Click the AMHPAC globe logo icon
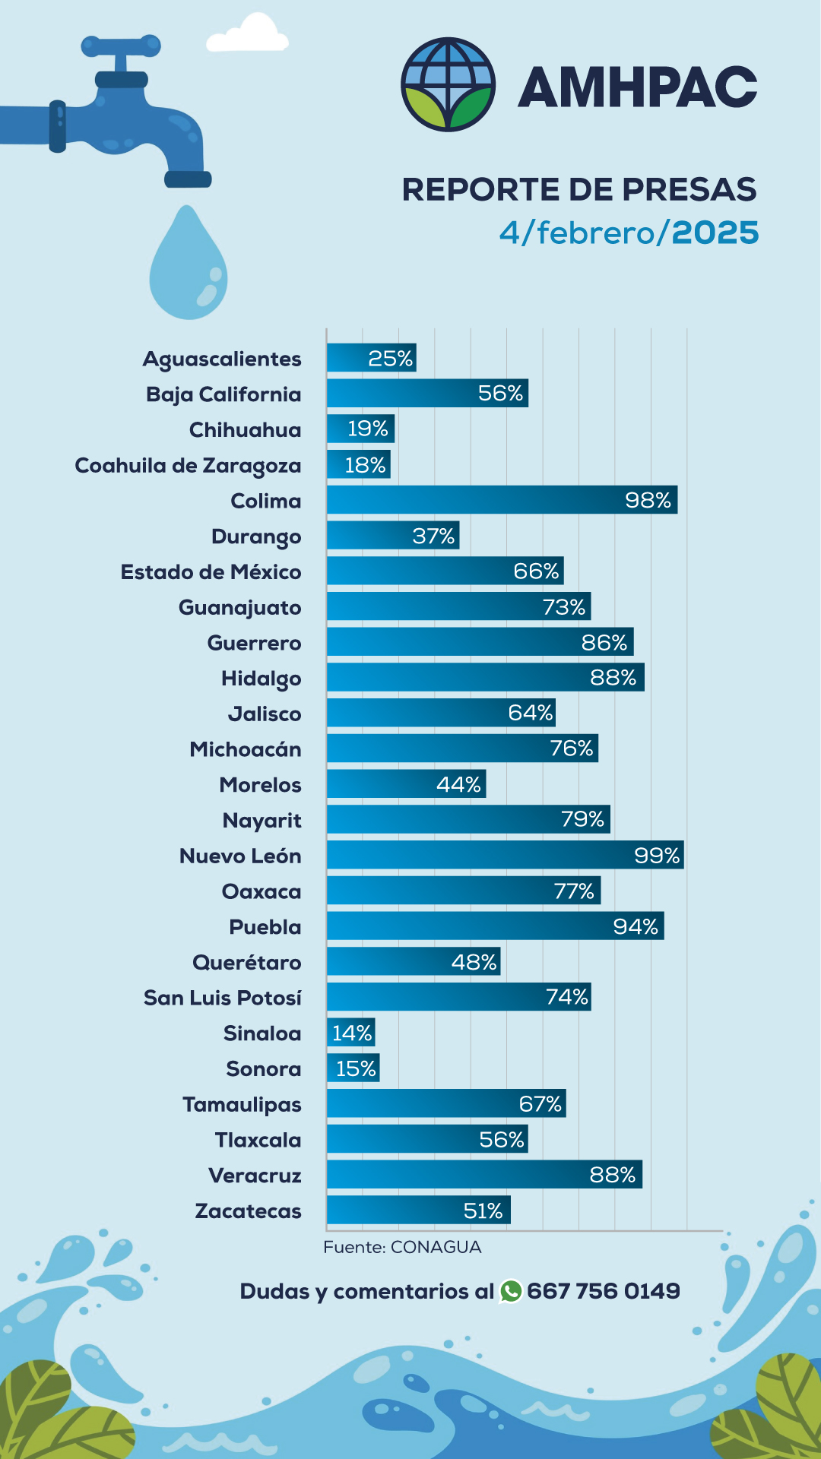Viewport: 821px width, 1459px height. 449,84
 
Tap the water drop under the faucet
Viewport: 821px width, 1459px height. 188,266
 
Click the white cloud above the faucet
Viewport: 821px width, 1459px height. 248,35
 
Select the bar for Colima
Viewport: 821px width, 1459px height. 502,500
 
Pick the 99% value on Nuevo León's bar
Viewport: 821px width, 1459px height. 657,856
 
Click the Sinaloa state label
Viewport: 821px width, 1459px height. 262,1033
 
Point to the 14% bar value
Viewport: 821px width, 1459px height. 352,1033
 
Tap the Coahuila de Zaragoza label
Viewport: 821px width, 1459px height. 188,465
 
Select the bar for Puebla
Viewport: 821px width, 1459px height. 495,926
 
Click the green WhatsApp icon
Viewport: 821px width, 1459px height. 511,1291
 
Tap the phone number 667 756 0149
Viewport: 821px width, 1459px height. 604,1291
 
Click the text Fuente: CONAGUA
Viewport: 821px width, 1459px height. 402,1247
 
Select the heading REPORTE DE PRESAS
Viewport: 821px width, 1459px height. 579,189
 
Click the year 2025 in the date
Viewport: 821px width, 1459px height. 715,233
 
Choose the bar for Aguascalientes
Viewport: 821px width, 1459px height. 371,358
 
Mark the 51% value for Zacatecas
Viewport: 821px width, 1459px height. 483,1211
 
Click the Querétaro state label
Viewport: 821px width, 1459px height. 246,963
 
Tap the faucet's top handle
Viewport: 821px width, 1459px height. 122,46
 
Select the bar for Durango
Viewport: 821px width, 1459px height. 392,536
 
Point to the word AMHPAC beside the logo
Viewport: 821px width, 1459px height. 637,87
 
